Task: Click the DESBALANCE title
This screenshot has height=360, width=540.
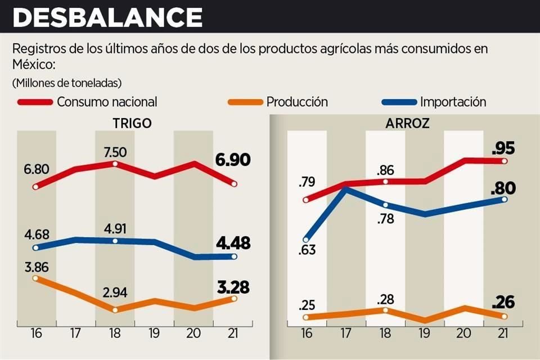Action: pyautogui.click(x=107, y=17)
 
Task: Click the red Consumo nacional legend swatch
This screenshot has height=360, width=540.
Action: pyautogui.click(x=35, y=102)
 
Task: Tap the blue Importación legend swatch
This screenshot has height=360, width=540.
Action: pyautogui.click(x=399, y=102)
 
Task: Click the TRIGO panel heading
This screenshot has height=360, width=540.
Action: pyautogui.click(x=132, y=123)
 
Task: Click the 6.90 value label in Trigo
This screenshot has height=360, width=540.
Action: pyautogui.click(x=232, y=161)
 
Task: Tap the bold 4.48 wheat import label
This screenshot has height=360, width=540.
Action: pyautogui.click(x=232, y=244)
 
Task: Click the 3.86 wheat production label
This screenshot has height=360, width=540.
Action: pyautogui.click(x=36, y=268)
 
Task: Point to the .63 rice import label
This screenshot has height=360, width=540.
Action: pyautogui.click(x=307, y=249)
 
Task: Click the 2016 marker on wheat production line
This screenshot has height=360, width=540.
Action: pyautogui.click(x=36, y=278)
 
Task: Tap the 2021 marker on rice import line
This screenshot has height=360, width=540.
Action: pyautogui.click(x=504, y=199)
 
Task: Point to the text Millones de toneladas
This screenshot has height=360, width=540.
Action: pyautogui.click(x=66, y=83)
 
